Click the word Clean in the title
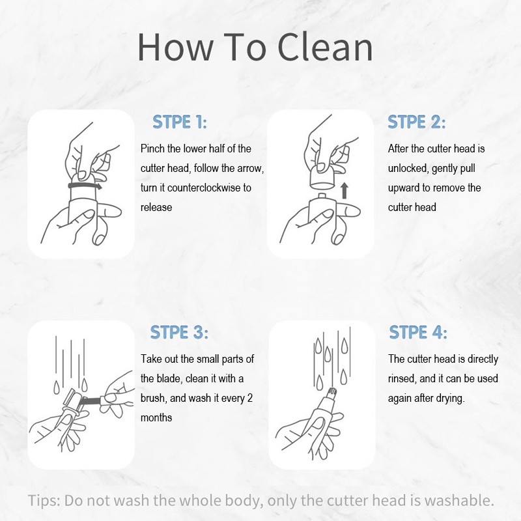click(x=325, y=47)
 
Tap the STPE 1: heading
click(x=180, y=122)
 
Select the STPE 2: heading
click(x=417, y=122)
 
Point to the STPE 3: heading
click(x=179, y=332)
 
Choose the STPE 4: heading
click(x=418, y=332)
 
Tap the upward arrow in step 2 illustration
click(x=345, y=190)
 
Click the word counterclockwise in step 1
click(x=204, y=188)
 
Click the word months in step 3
click(x=156, y=417)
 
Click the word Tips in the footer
click(x=44, y=501)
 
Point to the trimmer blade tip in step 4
click(x=332, y=393)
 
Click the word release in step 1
click(x=156, y=207)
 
